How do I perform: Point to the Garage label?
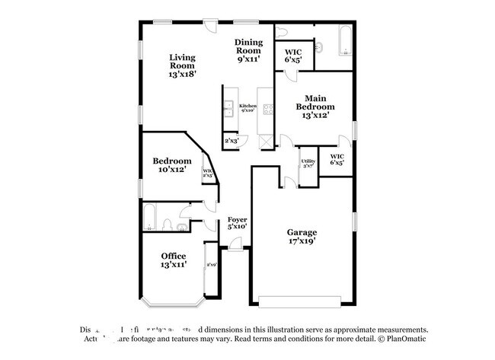coord(302,237)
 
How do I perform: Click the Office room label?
coord(173,260)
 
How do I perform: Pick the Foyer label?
coord(238,222)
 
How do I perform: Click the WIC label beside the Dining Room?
coord(293,55)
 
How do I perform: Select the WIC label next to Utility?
coord(336,160)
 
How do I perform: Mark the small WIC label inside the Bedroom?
coord(207,173)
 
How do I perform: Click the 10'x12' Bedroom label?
coord(171,165)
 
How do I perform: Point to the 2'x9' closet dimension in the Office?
coord(212,264)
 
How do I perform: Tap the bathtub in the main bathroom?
coord(344,42)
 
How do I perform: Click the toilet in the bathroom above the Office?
coord(167,225)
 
